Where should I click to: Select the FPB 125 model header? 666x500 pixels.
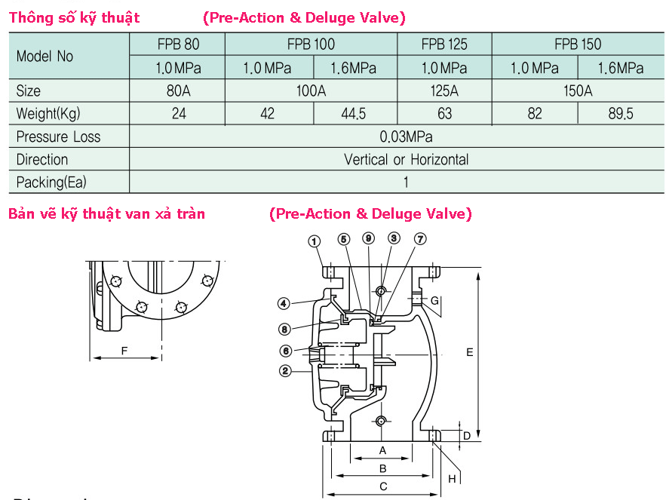(x=444, y=44)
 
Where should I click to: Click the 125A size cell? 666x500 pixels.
(x=444, y=91)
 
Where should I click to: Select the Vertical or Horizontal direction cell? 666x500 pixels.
(x=406, y=159)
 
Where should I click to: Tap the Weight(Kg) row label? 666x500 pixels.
(x=48, y=114)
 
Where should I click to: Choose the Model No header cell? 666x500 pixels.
(x=45, y=56)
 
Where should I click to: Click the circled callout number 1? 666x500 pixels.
(x=315, y=241)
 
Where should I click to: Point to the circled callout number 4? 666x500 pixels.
(x=284, y=304)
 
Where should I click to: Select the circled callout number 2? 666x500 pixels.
(x=285, y=370)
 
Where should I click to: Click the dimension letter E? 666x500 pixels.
(x=469, y=352)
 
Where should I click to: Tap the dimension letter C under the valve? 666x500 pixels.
(x=383, y=486)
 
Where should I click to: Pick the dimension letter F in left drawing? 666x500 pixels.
(x=124, y=350)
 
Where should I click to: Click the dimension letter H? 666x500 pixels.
(x=452, y=478)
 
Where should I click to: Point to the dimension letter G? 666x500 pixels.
(x=434, y=301)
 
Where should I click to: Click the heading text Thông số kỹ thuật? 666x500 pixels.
(x=74, y=17)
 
